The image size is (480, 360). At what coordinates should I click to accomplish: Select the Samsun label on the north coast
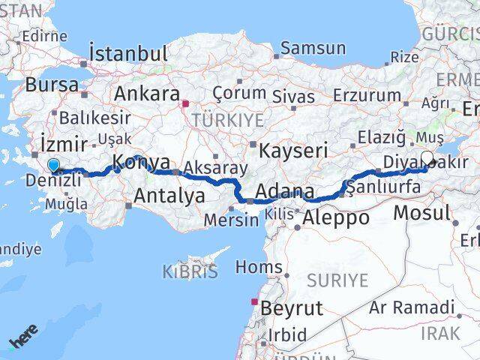pyautogui.click(x=313, y=49)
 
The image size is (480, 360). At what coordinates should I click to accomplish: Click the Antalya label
pyautogui.click(x=169, y=196)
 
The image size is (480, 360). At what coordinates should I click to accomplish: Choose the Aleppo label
pyautogui.click(x=336, y=218)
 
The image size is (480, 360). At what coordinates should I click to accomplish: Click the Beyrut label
pyautogui.click(x=291, y=307)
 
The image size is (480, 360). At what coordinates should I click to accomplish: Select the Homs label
pyautogui.click(x=259, y=266)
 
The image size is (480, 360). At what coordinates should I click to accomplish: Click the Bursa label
pyautogui.click(x=52, y=85)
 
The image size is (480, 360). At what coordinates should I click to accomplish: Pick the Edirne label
pyautogui.click(x=44, y=36)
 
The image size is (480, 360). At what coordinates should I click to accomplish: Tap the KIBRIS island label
pyautogui.click(x=190, y=271)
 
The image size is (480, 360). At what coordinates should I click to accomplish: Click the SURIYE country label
pyautogui.click(x=337, y=280)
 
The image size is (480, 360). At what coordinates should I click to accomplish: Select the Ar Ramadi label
pyautogui.click(x=412, y=307)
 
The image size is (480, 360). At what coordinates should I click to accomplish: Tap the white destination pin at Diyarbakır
pyautogui.click(x=427, y=159)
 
